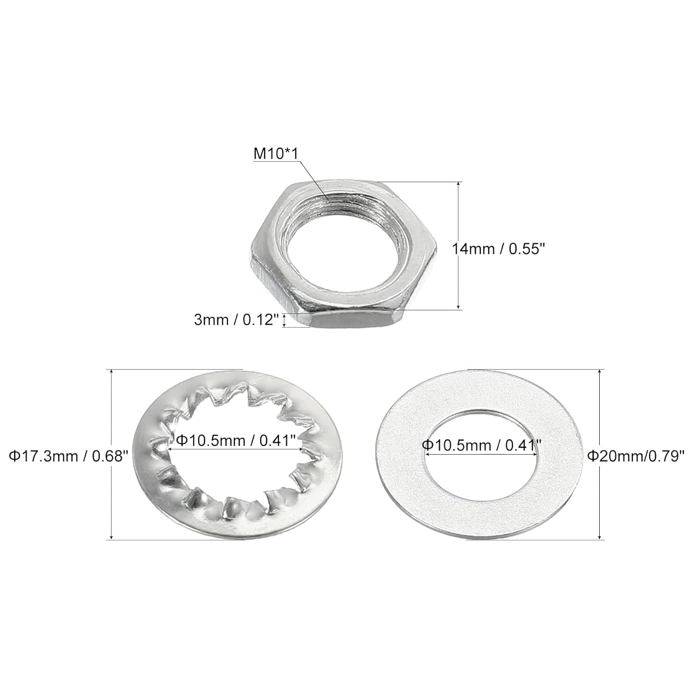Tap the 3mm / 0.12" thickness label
pos(237,320)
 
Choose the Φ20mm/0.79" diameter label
pos(635,456)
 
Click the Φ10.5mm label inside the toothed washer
pos(236,441)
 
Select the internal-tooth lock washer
pos(152,485)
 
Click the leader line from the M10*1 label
pos(314,180)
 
